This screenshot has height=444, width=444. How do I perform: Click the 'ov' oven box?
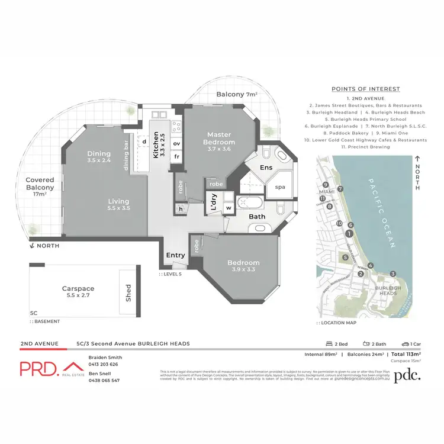(176, 143)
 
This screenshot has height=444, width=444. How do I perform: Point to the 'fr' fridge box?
(176, 157)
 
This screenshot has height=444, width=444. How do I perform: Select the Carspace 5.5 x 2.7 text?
(78, 292)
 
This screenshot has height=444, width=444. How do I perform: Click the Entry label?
(176, 255)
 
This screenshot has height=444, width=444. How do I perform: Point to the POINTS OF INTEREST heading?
(365, 89)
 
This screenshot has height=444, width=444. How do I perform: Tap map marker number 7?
(340, 189)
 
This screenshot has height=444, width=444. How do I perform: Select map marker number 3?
(393, 274)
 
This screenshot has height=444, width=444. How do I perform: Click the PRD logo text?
(39, 368)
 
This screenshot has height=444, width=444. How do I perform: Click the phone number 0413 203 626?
(103, 364)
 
